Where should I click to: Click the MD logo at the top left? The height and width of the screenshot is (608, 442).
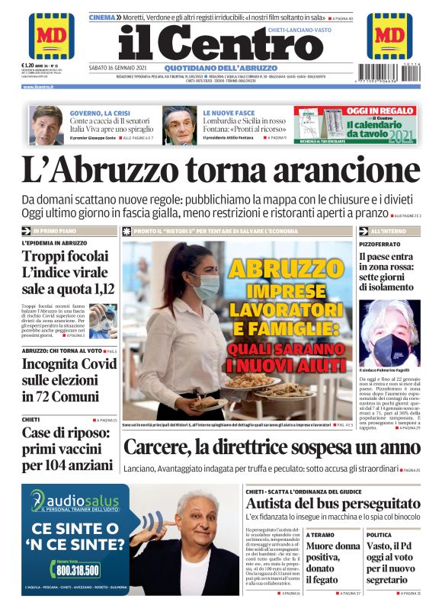pos(51,36)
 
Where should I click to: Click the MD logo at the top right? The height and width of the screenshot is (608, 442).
pos(389,36)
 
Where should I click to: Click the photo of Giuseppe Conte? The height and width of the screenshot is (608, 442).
pos(46,125)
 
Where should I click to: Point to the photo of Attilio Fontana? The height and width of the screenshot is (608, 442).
pos(180,125)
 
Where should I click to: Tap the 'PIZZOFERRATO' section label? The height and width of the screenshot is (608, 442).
pos(380,243)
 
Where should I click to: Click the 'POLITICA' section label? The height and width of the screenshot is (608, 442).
pos(379,536)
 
